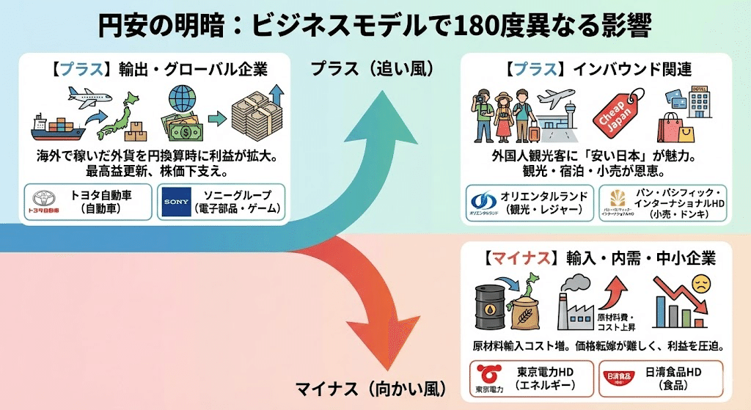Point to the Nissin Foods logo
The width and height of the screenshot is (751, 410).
coord(620,377)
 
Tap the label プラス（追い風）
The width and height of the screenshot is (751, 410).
coord(372,69)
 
